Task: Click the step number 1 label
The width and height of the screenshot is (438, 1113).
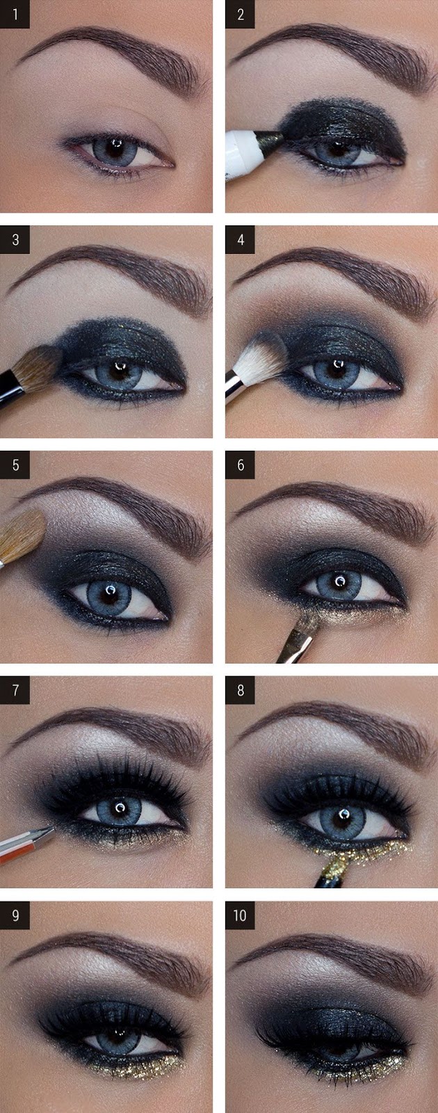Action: [x=15, y=14]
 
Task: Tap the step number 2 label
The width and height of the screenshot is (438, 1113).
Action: [x=240, y=14]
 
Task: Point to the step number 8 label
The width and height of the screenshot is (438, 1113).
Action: [x=240, y=691]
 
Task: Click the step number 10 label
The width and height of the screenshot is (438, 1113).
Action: [x=240, y=915]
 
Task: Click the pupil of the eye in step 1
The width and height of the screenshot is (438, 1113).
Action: [x=115, y=147]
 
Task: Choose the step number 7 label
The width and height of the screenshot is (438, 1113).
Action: [x=15, y=691]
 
